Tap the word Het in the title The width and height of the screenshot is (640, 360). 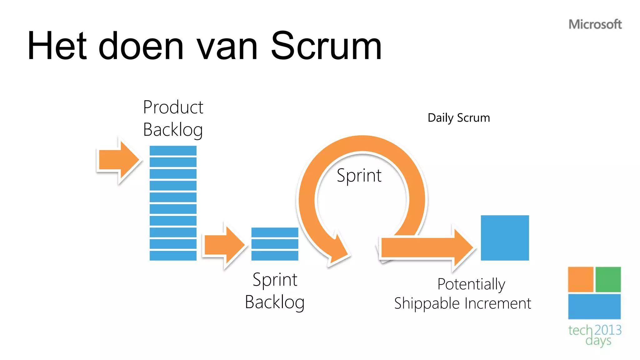[x=57, y=46]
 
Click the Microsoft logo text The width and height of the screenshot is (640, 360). [x=595, y=24]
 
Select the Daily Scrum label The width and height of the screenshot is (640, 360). [x=458, y=118]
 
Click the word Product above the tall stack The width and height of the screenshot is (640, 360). [x=173, y=107]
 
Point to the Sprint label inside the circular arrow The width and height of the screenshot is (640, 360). [x=359, y=175]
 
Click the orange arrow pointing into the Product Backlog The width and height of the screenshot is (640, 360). [x=118, y=160]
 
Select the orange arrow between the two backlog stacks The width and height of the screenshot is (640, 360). [x=224, y=245]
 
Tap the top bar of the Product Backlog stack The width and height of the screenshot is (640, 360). [x=173, y=150]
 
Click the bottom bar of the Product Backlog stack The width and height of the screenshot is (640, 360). [x=173, y=256]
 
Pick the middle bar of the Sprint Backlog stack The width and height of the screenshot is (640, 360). [x=275, y=244]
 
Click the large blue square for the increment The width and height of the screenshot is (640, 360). [x=505, y=237]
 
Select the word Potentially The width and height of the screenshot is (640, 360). [x=471, y=284]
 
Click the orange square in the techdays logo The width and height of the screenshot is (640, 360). [x=580, y=279]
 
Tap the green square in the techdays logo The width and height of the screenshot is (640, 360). [x=608, y=279]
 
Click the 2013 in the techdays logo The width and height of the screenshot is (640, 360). [x=607, y=330]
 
